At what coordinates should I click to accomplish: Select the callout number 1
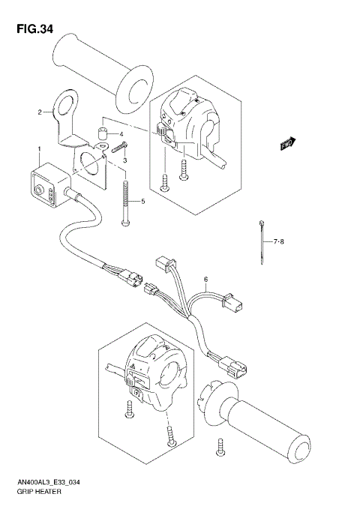pyautogui.click(x=39, y=150)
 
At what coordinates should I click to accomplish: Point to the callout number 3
pyautogui.click(x=125, y=160)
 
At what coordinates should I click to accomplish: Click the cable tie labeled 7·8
pyautogui.click(x=261, y=241)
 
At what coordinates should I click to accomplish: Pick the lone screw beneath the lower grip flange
pyautogui.click(x=221, y=448)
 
